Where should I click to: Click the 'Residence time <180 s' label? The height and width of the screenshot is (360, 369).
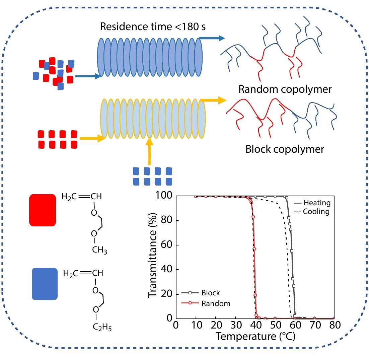click(x=154, y=26)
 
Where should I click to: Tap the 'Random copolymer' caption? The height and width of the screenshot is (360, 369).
click(x=285, y=89)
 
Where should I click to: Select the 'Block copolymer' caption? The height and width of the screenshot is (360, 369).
click(x=285, y=149)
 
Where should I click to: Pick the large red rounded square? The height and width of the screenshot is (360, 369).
click(x=43, y=210)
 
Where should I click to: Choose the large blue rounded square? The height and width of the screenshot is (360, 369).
click(x=45, y=284)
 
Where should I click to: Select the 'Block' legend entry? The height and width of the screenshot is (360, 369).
click(x=211, y=293)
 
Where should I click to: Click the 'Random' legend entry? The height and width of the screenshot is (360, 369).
click(x=216, y=303)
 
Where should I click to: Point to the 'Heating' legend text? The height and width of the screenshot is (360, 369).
click(x=317, y=203)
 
